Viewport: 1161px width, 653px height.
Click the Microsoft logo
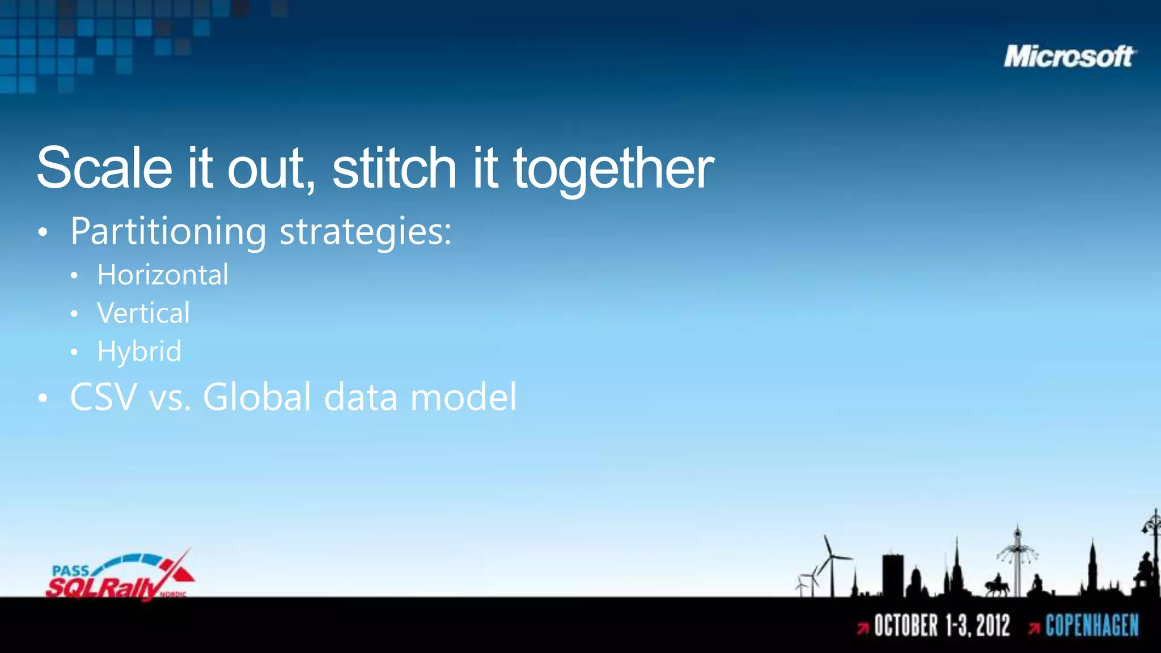pos(1069,57)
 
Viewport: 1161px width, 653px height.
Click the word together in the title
pos(613,169)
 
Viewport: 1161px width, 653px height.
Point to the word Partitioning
pos(168,232)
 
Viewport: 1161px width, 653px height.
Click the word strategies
pos(365,232)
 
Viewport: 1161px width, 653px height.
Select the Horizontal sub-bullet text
pos(163,275)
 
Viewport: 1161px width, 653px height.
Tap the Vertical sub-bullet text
pos(143,313)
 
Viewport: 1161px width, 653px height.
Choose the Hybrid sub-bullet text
pos(139,351)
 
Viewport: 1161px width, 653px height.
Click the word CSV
pos(103,397)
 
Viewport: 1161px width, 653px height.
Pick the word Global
pos(257,397)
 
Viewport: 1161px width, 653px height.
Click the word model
pos(463,397)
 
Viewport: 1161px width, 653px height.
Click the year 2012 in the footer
pos(993,626)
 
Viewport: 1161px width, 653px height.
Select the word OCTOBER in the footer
pos(905,626)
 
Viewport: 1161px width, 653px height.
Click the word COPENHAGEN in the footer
pos(1092,626)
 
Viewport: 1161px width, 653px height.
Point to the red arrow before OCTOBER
pos(863,628)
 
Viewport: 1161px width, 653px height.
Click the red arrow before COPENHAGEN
pos(1034,628)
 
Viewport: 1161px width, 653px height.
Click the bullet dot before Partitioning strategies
pos(43,233)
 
